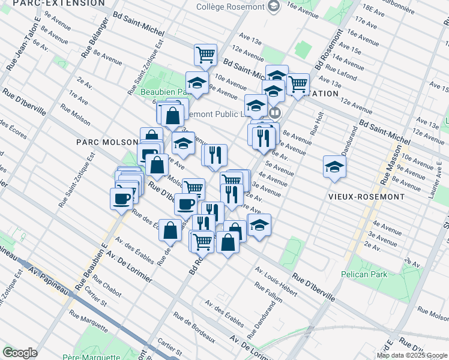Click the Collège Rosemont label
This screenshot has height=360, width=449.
click(x=231, y=7)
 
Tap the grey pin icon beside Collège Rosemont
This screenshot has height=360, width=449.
click(x=274, y=7)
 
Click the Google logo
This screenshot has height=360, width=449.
click(x=20, y=353)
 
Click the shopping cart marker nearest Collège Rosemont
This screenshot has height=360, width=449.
click(x=205, y=55)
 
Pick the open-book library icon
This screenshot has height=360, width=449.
click(x=275, y=112)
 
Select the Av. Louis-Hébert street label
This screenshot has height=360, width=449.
click(x=276, y=281)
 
